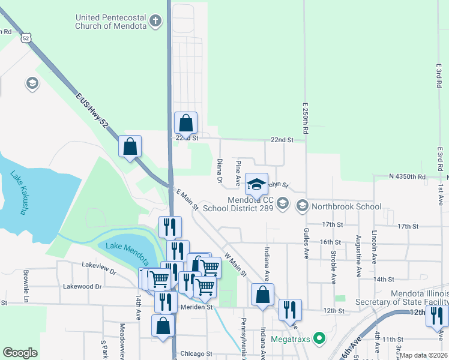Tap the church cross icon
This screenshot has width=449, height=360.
tap(156, 22)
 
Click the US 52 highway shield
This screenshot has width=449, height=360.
tap(24, 37)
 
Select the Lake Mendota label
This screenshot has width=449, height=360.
tap(125, 246)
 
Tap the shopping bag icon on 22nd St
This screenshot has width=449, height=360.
tap(186, 123)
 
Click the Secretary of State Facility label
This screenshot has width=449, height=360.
tap(401, 302)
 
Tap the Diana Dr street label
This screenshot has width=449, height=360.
tap(220, 171)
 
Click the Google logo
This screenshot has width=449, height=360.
tap(20, 353)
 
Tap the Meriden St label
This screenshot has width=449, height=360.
tap(197, 307)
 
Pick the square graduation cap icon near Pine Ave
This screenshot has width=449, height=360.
tap(256, 184)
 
